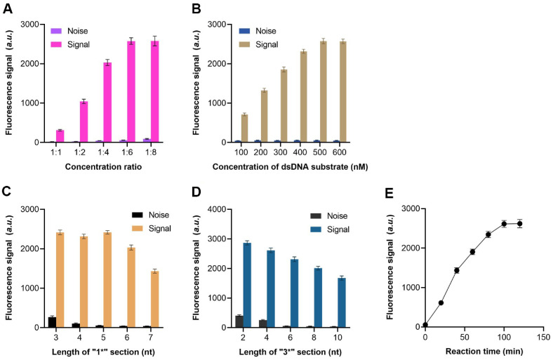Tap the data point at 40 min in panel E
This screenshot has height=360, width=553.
456,270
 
